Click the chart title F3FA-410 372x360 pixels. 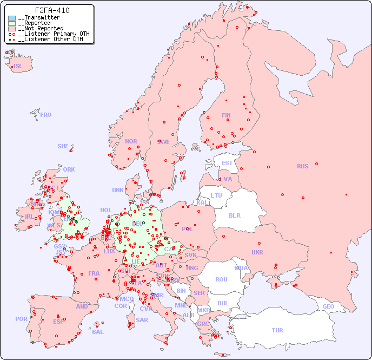[52, 10]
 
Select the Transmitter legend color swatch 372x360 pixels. [12, 18]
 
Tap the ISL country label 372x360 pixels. [18, 67]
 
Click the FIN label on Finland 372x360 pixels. [226, 115]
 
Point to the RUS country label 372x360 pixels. [302, 166]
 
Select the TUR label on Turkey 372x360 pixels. [277, 330]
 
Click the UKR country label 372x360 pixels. [257, 252]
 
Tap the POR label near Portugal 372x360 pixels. [21, 319]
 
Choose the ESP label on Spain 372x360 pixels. [58, 321]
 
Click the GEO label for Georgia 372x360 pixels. [328, 306]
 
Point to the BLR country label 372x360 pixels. [234, 215]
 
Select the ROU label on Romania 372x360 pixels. [221, 279]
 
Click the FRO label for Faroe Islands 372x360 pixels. [45, 115]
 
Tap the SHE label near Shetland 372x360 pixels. [63, 146]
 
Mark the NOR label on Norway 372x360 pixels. [131, 141]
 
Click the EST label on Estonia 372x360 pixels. [227, 163]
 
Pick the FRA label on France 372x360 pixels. [94, 273]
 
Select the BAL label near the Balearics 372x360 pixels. [97, 332]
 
